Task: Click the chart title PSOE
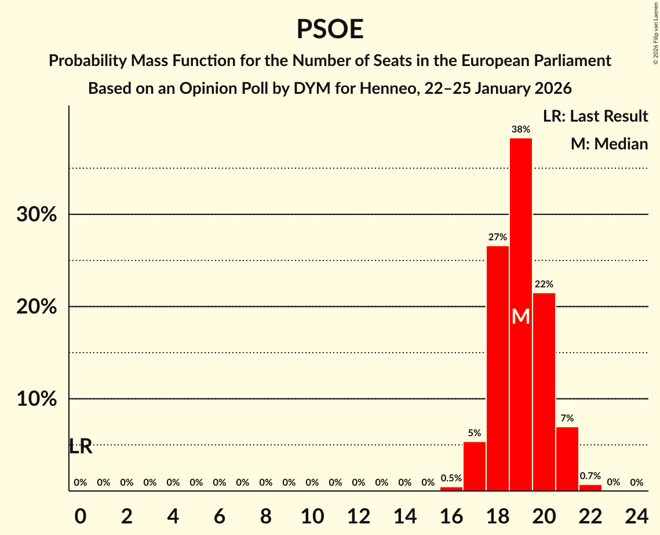tap(330, 29)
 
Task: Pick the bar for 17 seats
tap(474, 466)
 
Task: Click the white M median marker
tap(520, 317)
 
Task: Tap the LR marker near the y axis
tap(81, 446)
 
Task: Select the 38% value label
tap(520, 129)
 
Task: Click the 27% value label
tap(497, 237)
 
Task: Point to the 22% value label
tap(544, 284)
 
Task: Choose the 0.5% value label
tap(451, 478)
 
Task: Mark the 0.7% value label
tap(590, 476)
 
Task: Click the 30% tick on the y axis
tap(37, 215)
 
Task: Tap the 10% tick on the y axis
tap(37, 400)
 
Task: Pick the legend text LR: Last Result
tap(595, 116)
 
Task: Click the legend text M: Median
tap(609, 144)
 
